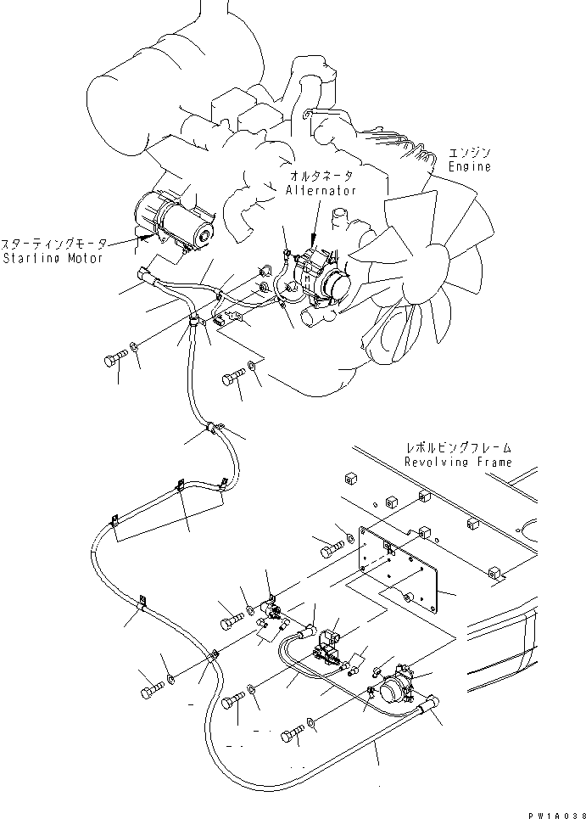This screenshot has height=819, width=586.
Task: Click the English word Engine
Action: point(470,168)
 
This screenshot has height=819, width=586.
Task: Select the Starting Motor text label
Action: point(52,257)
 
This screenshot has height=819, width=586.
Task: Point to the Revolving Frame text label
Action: point(458,463)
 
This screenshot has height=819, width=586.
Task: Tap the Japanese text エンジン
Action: point(471,154)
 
